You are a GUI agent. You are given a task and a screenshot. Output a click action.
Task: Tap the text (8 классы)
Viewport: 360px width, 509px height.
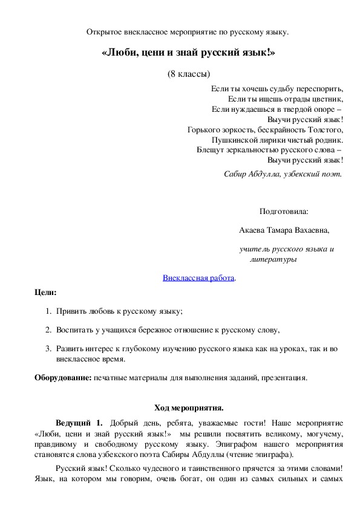[x=189, y=74]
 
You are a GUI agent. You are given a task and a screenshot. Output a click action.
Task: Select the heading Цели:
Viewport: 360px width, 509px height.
[x=45, y=293]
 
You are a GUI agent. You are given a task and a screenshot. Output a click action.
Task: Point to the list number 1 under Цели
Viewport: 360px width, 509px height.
[x=48, y=311]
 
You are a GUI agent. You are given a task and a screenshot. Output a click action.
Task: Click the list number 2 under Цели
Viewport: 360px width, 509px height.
[x=48, y=329]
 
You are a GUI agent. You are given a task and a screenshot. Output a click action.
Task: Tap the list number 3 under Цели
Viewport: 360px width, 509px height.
[x=48, y=349]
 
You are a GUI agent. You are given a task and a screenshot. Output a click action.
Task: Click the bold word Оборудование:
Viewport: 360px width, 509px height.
[x=63, y=378]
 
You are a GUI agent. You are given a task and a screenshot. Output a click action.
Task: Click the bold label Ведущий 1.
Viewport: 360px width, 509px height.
[x=79, y=422]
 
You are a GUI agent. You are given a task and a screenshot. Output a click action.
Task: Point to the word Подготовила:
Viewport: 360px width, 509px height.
[x=283, y=212]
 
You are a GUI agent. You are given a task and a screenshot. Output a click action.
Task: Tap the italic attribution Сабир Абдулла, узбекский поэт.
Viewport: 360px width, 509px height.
[x=283, y=173]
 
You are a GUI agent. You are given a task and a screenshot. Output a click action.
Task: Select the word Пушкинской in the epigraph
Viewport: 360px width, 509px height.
[x=238, y=140]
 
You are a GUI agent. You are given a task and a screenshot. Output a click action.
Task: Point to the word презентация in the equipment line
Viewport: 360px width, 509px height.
[x=286, y=378]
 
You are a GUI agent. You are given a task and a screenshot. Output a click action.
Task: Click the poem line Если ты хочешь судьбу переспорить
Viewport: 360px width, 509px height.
[x=277, y=88]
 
